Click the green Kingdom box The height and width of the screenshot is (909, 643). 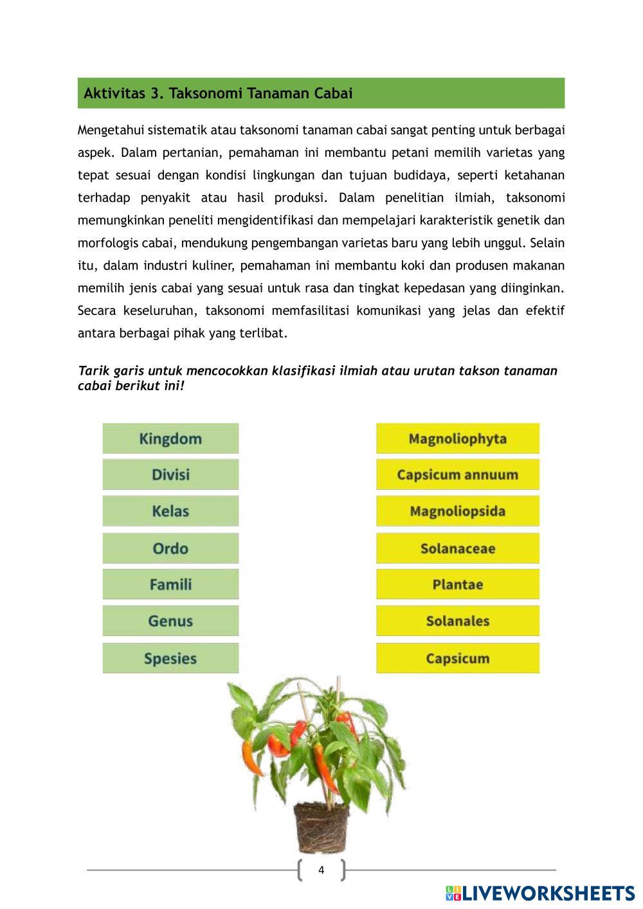click(170, 438)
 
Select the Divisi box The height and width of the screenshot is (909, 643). click(170, 474)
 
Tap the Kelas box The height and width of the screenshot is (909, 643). click(170, 511)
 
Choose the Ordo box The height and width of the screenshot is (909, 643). click(170, 548)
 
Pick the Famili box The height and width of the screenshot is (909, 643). click(170, 584)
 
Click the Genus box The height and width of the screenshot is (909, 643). click(170, 621)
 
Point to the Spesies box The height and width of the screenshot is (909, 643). click(170, 658)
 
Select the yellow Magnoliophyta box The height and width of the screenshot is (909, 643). click(457, 438)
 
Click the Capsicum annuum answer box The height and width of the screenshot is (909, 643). click(457, 474)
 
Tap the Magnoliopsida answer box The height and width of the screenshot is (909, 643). click(457, 511)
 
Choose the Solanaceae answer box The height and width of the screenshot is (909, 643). click(457, 548)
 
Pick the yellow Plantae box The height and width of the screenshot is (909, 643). click(457, 584)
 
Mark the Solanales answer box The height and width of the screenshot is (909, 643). click(457, 621)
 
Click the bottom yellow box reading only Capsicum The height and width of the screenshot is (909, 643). click(457, 658)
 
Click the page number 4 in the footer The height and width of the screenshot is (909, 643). click(321, 870)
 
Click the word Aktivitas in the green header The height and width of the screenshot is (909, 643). click(114, 93)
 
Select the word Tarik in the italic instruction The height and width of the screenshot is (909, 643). click(94, 371)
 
